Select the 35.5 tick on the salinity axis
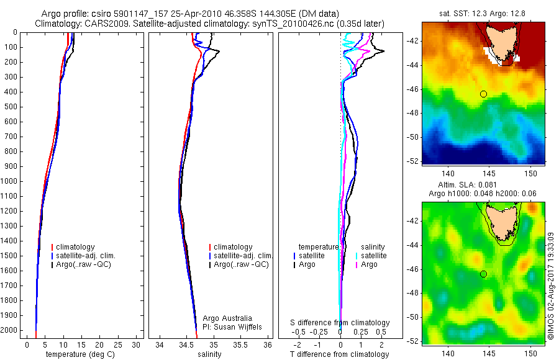point(241,344)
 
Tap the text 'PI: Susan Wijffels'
point(232,327)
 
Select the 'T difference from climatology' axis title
point(339,354)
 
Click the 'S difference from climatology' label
point(340,323)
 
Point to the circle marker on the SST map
point(483,94)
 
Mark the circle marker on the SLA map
point(483,274)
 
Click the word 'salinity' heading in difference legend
point(373,247)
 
